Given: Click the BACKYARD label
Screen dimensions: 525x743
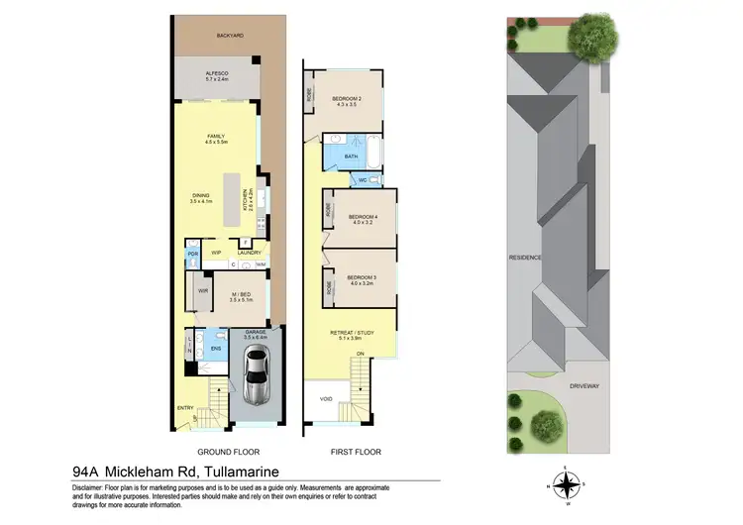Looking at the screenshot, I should [x=230, y=36].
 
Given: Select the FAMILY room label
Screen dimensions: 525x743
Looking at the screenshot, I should [x=216, y=137].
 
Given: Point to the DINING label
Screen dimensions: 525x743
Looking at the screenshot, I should [x=202, y=196].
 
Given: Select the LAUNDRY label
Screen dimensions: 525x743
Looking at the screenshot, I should [x=249, y=254].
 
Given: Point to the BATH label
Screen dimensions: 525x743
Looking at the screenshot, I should [x=351, y=157].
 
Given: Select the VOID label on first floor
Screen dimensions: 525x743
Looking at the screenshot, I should [x=326, y=399].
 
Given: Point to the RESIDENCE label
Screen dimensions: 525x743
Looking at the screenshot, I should [x=525, y=258].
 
